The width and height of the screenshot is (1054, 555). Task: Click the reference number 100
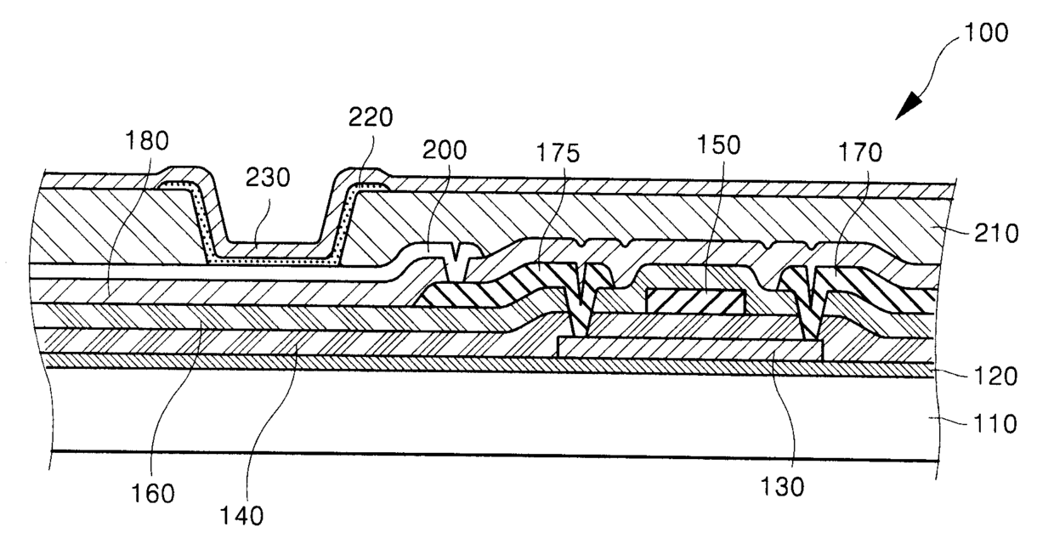tap(986, 33)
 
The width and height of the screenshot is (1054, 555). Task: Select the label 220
tap(371, 117)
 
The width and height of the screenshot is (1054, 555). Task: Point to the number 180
tap(147, 140)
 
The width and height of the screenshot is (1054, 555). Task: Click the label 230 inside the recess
tap(268, 178)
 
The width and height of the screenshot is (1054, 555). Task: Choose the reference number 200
tap(445, 150)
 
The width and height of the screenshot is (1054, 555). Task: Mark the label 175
tap(558, 153)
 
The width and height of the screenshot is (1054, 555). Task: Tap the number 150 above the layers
tap(718, 144)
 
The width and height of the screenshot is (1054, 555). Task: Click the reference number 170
tap(860, 153)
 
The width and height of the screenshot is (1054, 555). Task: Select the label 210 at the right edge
tap(996, 234)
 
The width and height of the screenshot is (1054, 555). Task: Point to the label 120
tap(995, 377)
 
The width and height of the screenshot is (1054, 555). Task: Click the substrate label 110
tap(994, 424)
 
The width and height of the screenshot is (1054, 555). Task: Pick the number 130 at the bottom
tap(782, 487)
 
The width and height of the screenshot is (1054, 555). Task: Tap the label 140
tap(241, 517)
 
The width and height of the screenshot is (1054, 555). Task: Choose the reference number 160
tap(152, 494)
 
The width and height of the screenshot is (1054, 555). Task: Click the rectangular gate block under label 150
tap(696, 302)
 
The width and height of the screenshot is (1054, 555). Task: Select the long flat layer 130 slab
tap(690, 349)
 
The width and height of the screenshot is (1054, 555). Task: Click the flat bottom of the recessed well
tap(275, 260)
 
